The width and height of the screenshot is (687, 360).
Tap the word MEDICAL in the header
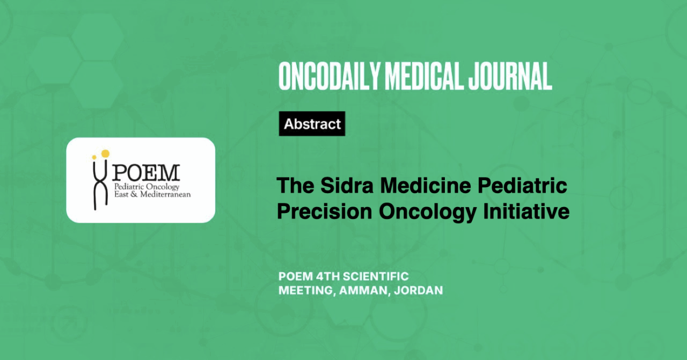pyautogui.click(x=424, y=76)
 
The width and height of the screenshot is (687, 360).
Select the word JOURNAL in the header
pyautogui.click(x=510, y=76)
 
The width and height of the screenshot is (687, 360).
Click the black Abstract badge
pyautogui.click(x=312, y=123)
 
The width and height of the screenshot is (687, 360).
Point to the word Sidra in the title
pyautogui.click(x=347, y=186)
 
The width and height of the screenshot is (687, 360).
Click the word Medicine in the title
pyautogui.click(x=426, y=186)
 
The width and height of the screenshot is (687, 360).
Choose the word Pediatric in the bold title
pyautogui.click(x=522, y=186)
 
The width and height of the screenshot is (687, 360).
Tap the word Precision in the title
pyautogui.click(x=325, y=211)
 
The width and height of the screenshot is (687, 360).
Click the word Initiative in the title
pyautogui.click(x=527, y=211)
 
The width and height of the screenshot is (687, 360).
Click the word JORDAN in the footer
pyautogui.click(x=418, y=290)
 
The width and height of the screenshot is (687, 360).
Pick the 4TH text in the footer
pyautogui.click(x=327, y=277)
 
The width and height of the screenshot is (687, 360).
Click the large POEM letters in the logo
pyautogui.click(x=146, y=173)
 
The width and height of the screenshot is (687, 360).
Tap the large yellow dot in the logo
pyautogui.click(x=105, y=153)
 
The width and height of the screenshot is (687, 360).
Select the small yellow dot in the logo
pyautogui.click(x=94, y=157)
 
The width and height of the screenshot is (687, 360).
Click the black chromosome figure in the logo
pyautogui.click(x=100, y=184)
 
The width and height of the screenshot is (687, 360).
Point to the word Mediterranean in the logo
pyautogui.click(x=165, y=194)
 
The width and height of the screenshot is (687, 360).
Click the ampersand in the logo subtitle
pyautogui.click(x=134, y=194)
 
